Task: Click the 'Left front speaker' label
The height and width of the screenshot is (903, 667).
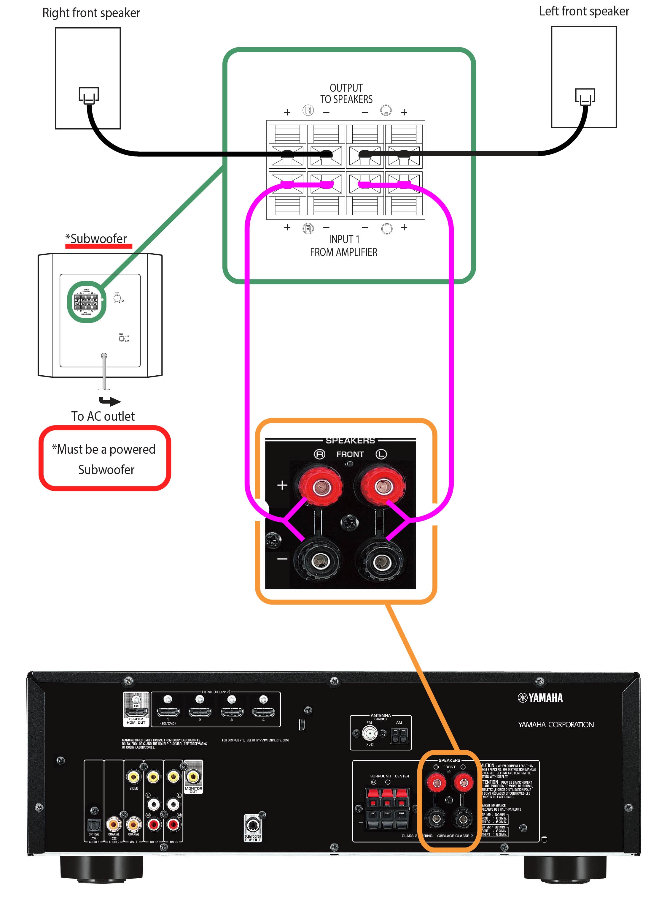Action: [x=584, y=11]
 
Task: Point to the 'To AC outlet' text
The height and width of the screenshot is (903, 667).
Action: [x=103, y=416]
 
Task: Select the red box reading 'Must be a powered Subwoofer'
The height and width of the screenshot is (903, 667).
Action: [x=105, y=459]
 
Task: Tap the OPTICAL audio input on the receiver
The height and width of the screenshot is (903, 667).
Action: [x=94, y=824]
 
